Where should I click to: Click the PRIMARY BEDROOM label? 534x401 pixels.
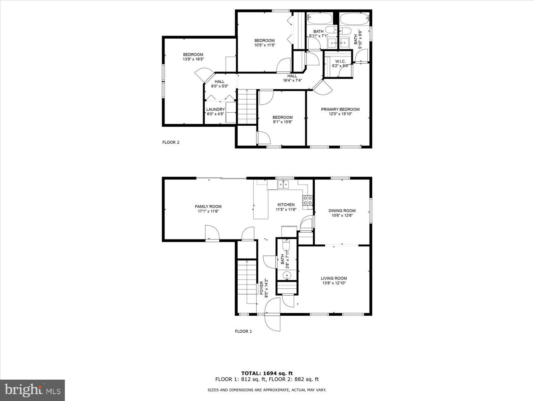(340, 109)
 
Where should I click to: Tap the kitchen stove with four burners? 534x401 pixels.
(307, 200)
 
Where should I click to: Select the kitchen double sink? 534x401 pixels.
(283, 185)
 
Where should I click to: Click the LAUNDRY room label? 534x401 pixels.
(216, 109)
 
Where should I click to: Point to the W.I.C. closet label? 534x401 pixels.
(340, 61)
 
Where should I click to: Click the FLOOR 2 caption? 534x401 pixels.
(170, 142)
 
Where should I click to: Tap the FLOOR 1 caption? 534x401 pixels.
(243, 331)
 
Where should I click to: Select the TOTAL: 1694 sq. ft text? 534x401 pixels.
(267, 373)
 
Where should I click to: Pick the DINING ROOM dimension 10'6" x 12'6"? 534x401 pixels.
(342, 215)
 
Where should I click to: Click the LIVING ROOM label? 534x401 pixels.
(334, 278)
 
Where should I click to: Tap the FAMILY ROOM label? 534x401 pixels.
(208, 207)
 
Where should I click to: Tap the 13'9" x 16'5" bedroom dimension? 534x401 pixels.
(193, 59)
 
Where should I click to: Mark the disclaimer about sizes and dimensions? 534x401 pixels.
(267, 390)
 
